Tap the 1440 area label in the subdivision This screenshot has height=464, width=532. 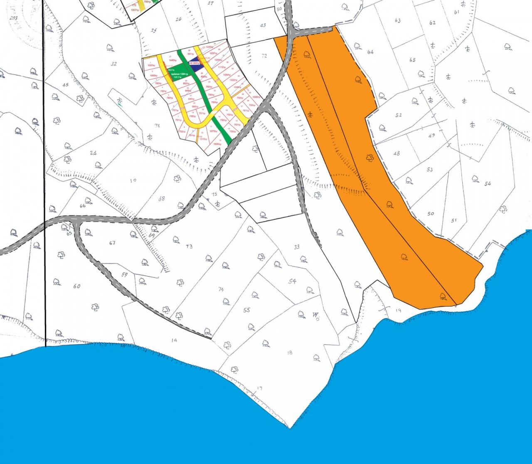173,61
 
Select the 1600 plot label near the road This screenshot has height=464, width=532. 217,144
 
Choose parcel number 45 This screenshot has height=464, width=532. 65,85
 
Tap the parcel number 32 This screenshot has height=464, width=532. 114,64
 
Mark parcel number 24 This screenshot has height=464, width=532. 93,153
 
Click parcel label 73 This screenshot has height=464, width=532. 189,246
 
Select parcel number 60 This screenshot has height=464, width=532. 76,286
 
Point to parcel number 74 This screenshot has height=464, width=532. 221,289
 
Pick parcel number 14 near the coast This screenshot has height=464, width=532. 174,340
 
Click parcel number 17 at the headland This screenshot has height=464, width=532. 260,389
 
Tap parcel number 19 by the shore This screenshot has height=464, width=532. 398,310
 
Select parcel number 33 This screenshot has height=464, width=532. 297,247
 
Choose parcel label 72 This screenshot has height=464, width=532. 264,55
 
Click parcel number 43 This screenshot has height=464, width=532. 263,25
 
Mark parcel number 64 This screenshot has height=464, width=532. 370,52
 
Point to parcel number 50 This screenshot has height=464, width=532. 431,214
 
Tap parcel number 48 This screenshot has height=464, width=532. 397,153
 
